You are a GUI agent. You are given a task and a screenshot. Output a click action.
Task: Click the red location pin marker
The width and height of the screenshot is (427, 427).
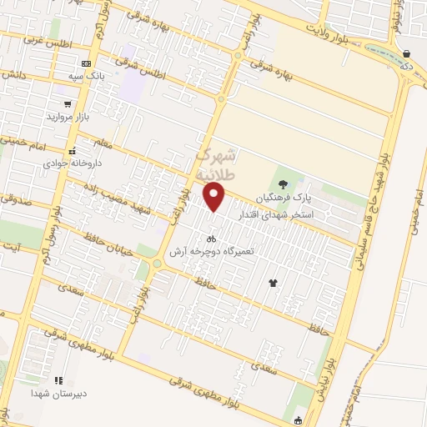tap(214, 196)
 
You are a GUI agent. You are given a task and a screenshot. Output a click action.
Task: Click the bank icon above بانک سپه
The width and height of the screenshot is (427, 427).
tap(88, 64)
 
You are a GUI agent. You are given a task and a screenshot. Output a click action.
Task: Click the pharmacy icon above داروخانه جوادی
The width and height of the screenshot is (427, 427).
tap(73, 152)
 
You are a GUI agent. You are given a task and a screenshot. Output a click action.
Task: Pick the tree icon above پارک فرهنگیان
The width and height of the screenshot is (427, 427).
tap(284, 184)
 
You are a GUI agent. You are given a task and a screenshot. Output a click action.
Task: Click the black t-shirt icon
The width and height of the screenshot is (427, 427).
tap(272, 284)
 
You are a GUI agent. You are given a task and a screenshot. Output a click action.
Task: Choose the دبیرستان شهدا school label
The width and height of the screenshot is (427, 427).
tap(56, 393)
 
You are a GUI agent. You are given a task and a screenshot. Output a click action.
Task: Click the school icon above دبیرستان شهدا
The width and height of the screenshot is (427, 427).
tap(58, 380)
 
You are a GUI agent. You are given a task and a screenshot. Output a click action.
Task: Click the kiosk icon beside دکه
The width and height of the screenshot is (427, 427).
tap(406, 54)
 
